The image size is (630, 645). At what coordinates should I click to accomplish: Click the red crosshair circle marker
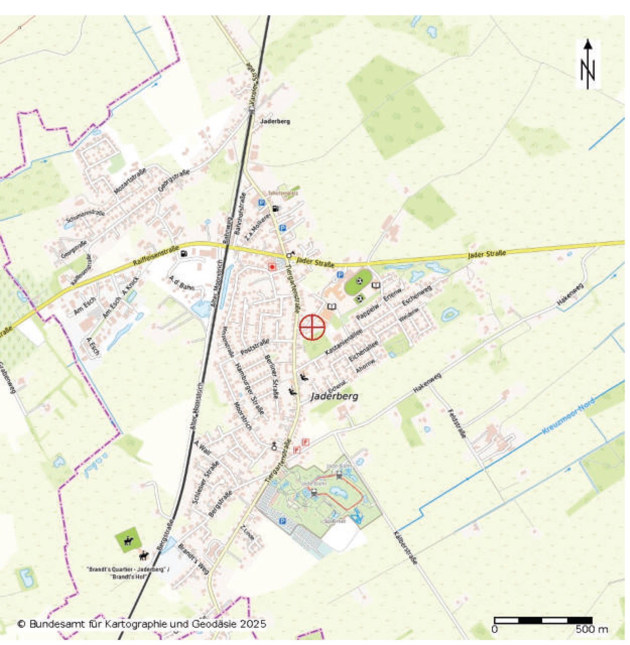tap(312, 327)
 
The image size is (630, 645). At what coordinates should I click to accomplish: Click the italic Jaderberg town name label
tap(334, 396)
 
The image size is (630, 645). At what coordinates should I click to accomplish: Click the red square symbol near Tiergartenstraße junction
tap(272, 267)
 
